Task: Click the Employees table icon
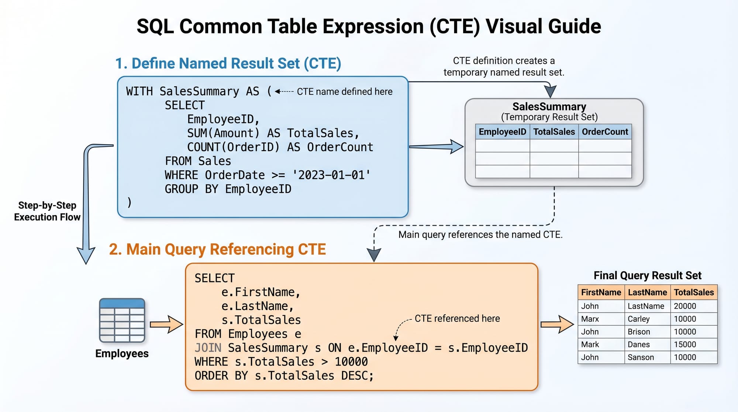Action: (122, 320)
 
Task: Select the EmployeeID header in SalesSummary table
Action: (502, 132)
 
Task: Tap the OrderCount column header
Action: (605, 132)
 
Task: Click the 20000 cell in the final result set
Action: (685, 306)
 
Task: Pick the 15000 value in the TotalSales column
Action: (685, 344)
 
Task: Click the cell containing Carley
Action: (639, 319)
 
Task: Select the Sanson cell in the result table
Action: (641, 357)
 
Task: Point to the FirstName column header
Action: (601, 292)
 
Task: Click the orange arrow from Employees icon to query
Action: (166, 325)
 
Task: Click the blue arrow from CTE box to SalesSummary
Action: (436, 147)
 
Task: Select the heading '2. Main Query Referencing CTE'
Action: (217, 250)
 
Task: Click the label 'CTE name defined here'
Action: (344, 92)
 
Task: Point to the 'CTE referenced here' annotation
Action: (457, 319)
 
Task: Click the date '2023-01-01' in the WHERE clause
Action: (331, 175)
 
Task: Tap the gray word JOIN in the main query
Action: (208, 348)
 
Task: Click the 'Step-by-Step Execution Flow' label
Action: (47, 211)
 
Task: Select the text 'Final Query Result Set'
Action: (647, 275)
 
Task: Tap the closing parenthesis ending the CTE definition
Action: (129, 202)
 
